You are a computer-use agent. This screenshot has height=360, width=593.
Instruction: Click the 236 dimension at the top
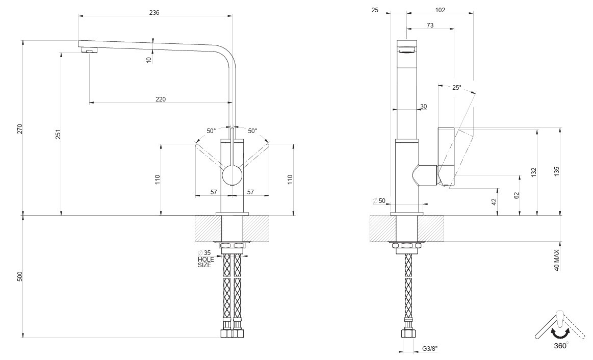pyautogui.click(x=154, y=13)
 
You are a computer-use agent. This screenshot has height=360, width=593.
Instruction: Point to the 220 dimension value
pyautogui.click(x=161, y=99)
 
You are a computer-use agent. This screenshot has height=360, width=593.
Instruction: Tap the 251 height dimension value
pyautogui.click(x=58, y=134)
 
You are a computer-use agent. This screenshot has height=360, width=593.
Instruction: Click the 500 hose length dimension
pyautogui.click(x=20, y=277)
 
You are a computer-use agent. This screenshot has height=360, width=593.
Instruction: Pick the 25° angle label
pyautogui.click(x=457, y=88)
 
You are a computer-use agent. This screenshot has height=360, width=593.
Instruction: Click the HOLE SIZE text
pyautogui.click(x=205, y=262)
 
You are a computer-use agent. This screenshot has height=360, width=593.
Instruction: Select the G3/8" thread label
pyautogui.click(x=430, y=349)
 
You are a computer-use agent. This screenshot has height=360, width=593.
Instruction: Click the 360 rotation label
pyautogui.click(x=560, y=346)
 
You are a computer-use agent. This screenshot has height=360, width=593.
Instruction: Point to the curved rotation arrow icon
pyautogui.click(x=560, y=333)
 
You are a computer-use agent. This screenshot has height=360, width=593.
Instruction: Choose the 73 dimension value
pyautogui.click(x=430, y=25)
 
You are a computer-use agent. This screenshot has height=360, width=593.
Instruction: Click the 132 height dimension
pyautogui.click(x=534, y=172)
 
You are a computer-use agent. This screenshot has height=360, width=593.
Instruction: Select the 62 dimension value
pyautogui.click(x=517, y=195)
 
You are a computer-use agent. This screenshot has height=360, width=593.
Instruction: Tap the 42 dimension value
pyautogui.click(x=494, y=201)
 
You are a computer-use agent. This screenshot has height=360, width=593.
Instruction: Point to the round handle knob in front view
pyautogui.click(x=231, y=175)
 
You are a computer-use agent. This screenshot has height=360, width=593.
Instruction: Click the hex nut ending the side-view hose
pyautogui.click(x=408, y=335)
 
